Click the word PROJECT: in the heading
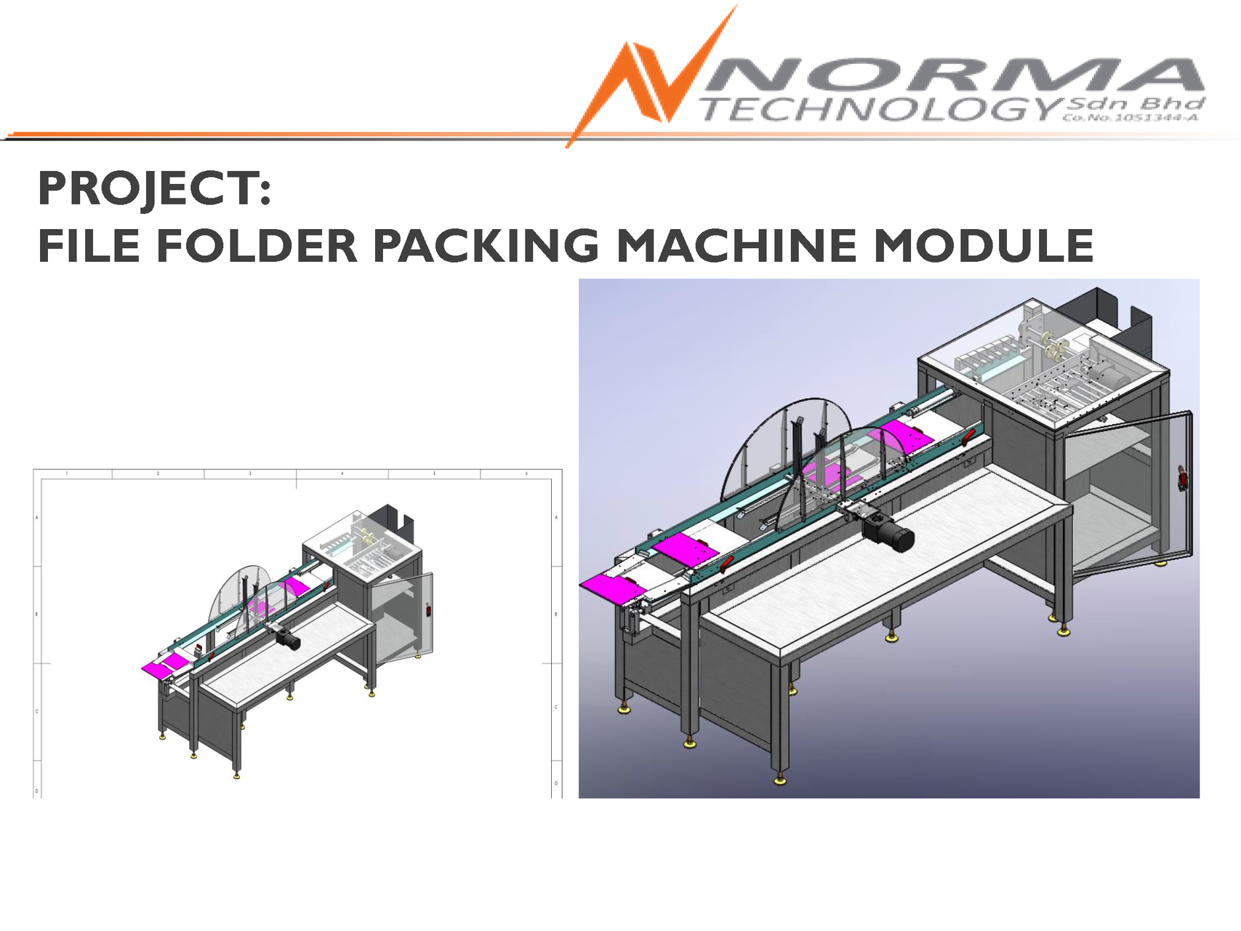click(x=155, y=188)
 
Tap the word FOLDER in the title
click(x=257, y=245)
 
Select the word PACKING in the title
click(x=486, y=245)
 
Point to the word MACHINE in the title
click(x=736, y=245)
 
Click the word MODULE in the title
click(x=984, y=245)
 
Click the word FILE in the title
click(x=89, y=245)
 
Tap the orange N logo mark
click(x=651, y=76)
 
